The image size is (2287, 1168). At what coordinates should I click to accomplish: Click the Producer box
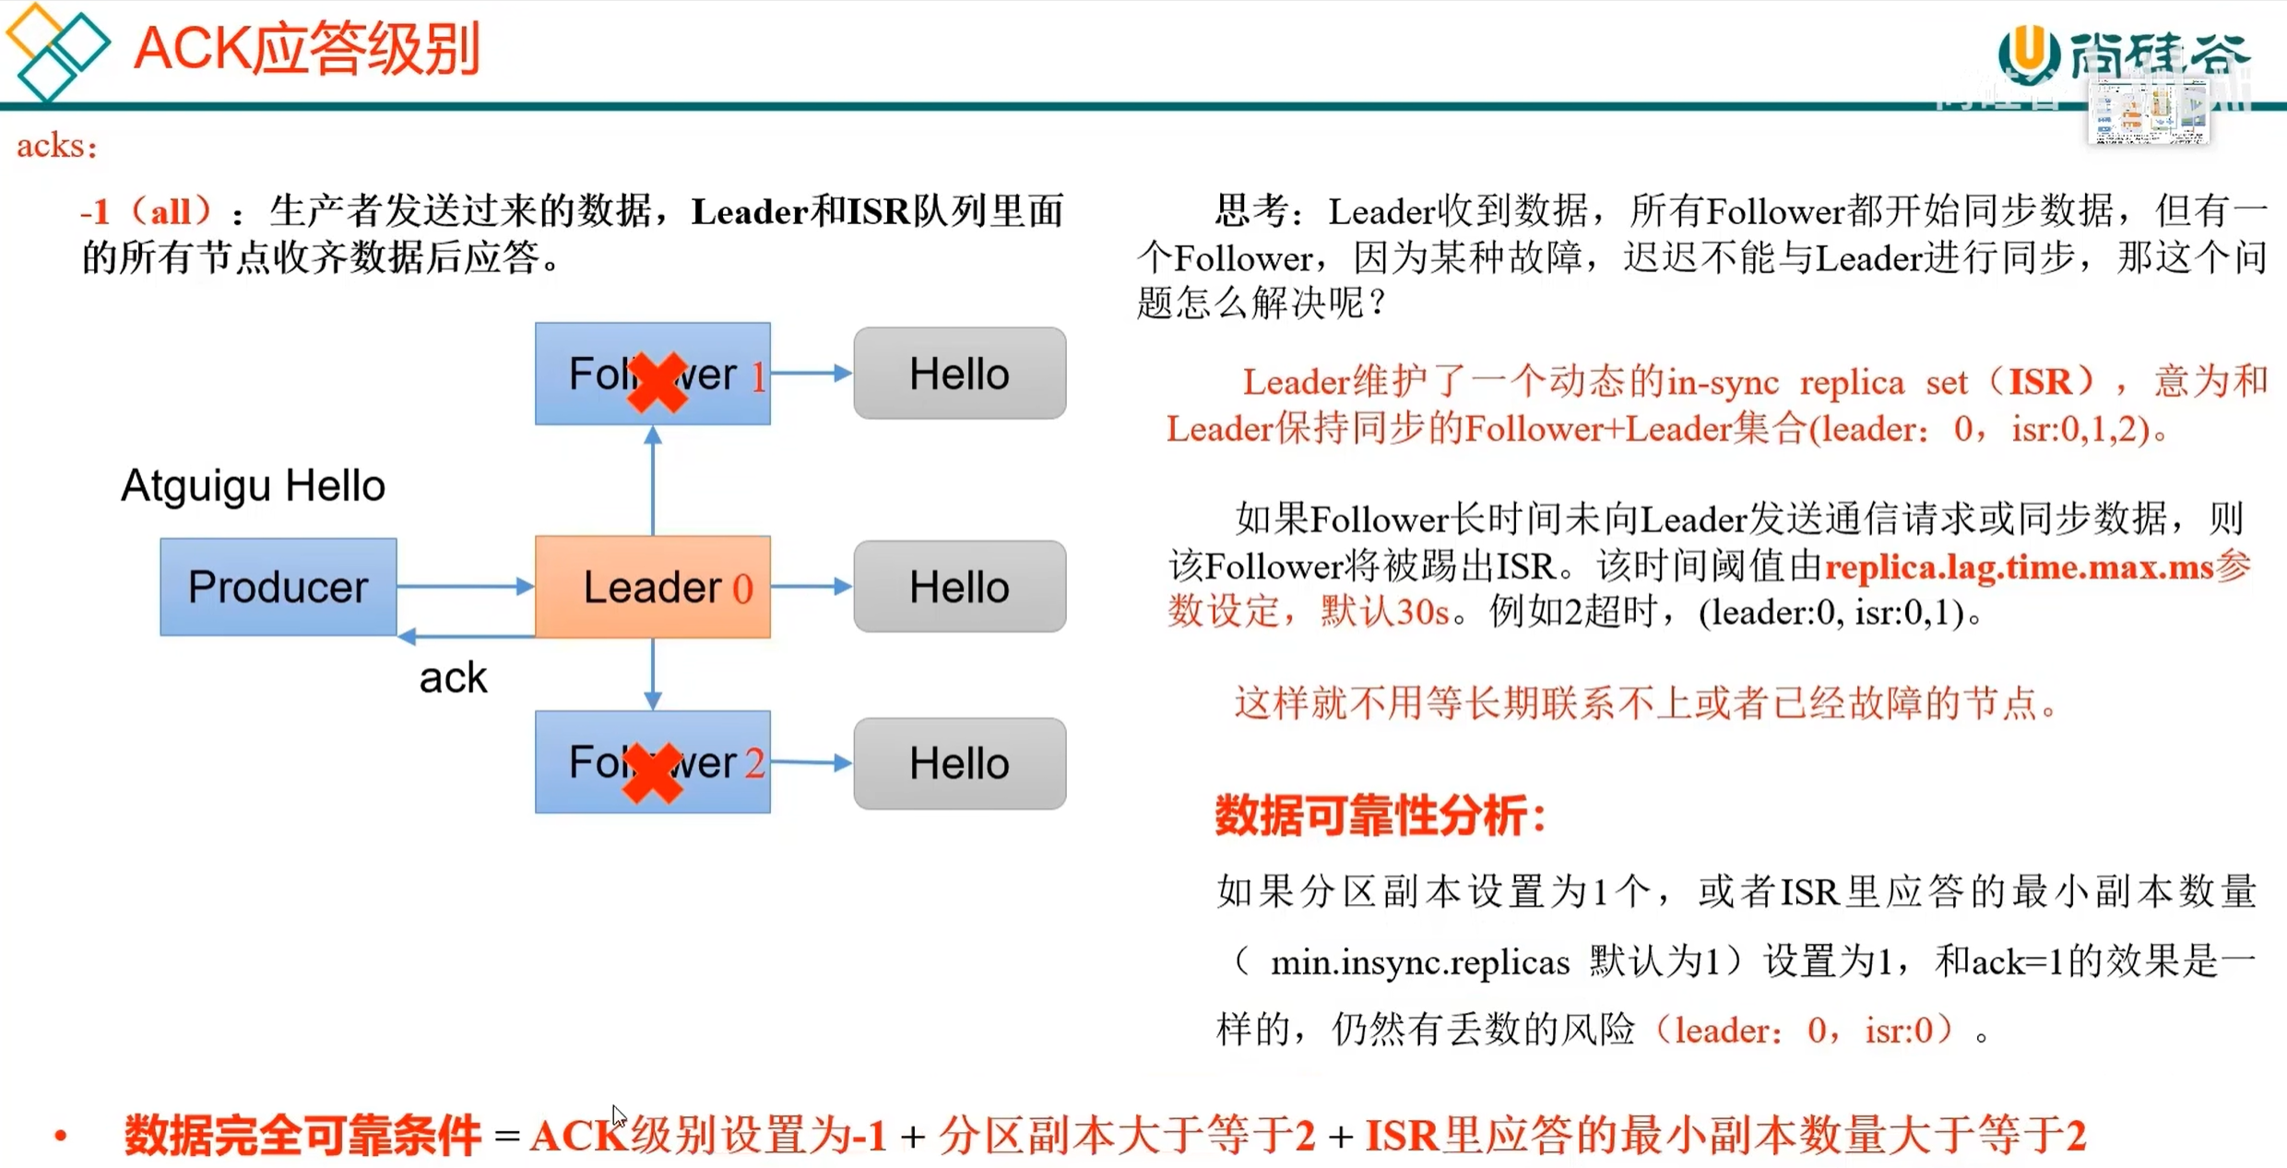278,587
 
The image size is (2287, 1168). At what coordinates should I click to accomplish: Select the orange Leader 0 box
652,587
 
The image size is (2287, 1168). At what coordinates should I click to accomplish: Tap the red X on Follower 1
656,382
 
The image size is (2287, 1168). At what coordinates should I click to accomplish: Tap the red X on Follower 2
652,771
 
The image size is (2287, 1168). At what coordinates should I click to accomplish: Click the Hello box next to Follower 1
959,374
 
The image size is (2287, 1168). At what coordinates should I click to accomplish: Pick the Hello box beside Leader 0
959,587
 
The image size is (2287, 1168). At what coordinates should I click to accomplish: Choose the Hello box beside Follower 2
959,764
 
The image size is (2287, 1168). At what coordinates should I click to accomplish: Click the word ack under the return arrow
452,678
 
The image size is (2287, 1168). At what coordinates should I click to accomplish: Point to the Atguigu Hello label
253,485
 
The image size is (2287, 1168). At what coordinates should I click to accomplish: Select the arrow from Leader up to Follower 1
653,480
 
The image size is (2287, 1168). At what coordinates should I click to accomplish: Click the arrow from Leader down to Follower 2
653,673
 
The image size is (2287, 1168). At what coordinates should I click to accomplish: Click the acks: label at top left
56,146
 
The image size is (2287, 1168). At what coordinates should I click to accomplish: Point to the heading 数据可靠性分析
1380,816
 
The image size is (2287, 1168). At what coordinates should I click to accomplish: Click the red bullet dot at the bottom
61,1136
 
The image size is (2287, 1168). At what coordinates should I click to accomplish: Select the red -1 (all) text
148,212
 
